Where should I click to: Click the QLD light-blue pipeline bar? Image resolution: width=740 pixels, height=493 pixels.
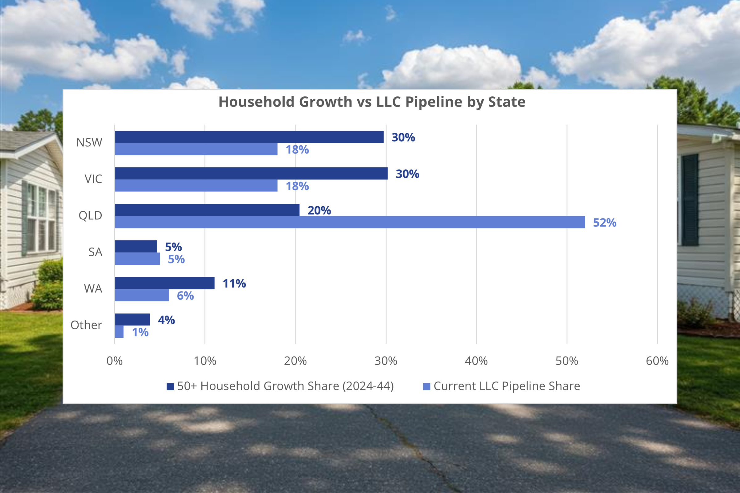click(x=349, y=222)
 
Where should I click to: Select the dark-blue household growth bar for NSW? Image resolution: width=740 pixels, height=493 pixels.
click(x=249, y=137)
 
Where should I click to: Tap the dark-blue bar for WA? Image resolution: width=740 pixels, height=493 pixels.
click(x=164, y=283)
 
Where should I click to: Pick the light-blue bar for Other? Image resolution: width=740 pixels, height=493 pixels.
click(x=119, y=332)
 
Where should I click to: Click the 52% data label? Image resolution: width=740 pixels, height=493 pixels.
click(x=604, y=222)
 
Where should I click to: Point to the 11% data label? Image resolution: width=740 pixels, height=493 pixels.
click(x=234, y=283)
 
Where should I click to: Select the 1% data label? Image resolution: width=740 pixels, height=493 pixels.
click(x=140, y=332)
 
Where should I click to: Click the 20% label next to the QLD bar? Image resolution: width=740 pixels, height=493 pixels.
click(x=319, y=210)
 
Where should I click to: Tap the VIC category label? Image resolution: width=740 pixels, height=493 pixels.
click(x=93, y=179)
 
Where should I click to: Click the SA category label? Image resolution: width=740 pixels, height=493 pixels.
click(x=95, y=252)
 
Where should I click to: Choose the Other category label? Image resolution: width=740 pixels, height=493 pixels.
click(x=86, y=325)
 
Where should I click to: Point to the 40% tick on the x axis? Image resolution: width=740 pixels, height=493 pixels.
click(x=476, y=361)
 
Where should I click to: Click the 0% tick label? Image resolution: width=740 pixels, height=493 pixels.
click(x=114, y=361)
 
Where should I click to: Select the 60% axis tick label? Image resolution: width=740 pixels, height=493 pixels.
click(x=657, y=361)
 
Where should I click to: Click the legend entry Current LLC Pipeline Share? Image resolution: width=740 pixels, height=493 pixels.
click(x=507, y=386)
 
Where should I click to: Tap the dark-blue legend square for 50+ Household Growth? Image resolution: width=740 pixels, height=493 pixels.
click(x=170, y=386)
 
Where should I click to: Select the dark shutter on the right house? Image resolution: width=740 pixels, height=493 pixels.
click(x=690, y=200)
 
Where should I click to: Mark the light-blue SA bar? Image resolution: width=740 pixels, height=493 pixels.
click(x=137, y=259)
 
